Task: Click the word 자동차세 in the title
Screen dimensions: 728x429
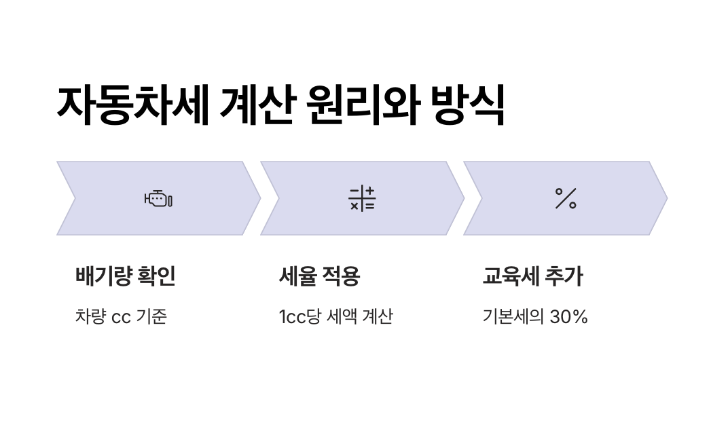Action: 132,105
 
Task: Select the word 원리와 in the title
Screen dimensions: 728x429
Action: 362,105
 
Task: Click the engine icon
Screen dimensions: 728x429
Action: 158,199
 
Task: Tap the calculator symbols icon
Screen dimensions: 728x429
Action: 362,198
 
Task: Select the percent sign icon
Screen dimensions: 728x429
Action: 566,198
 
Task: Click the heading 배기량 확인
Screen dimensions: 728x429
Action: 125,277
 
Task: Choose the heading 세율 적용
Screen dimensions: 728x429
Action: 319,277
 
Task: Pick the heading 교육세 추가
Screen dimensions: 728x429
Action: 532,277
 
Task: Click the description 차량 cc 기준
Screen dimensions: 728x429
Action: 121,317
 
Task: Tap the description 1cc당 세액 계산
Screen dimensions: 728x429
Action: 335,317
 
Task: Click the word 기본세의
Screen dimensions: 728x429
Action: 513,317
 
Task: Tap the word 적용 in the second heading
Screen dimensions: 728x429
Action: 342,277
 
